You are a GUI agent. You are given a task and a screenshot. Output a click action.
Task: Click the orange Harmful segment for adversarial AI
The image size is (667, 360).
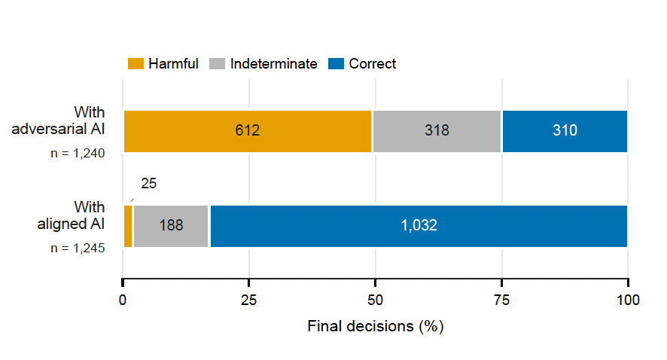tap(248, 131)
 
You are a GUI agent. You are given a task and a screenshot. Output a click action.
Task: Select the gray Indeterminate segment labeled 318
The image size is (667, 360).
tap(437, 131)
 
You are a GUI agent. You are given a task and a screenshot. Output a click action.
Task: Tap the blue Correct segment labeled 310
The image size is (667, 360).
tap(565, 131)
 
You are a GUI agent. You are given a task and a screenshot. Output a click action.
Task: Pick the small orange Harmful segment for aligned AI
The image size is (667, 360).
tap(128, 226)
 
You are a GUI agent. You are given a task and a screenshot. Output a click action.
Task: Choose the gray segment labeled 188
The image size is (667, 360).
tap(171, 226)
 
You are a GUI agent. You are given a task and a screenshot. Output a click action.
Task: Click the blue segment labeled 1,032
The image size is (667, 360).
tap(419, 226)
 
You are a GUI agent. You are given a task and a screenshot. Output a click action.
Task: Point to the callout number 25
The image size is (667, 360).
tap(149, 184)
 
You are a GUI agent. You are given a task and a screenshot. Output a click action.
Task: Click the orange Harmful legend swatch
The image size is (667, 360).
tap(136, 64)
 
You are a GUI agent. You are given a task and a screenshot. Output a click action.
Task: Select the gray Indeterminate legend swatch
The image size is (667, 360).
tap(218, 64)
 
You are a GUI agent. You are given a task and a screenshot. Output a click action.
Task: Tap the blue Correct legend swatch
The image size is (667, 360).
tap(336, 64)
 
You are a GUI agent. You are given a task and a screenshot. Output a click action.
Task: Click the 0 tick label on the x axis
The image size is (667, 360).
tap(123, 301)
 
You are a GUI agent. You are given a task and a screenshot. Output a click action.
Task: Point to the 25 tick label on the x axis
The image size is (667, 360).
tap(249, 301)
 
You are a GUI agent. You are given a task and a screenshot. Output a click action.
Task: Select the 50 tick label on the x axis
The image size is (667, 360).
tap(375, 301)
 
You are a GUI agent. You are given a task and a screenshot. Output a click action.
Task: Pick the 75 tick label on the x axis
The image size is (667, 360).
tap(501, 301)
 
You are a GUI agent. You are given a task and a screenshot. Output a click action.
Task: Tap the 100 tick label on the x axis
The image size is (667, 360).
tap(628, 301)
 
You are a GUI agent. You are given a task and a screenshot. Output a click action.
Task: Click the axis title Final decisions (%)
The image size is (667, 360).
tap(376, 326)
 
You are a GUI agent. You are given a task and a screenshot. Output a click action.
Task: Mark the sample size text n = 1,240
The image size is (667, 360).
tap(78, 153)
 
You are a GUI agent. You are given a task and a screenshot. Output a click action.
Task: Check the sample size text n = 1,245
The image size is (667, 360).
tap(78, 248)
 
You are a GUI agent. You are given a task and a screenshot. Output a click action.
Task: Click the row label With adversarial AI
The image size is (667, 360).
tap(58, 121)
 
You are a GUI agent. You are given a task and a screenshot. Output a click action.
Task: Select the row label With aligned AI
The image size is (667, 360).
tap(71, 215)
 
